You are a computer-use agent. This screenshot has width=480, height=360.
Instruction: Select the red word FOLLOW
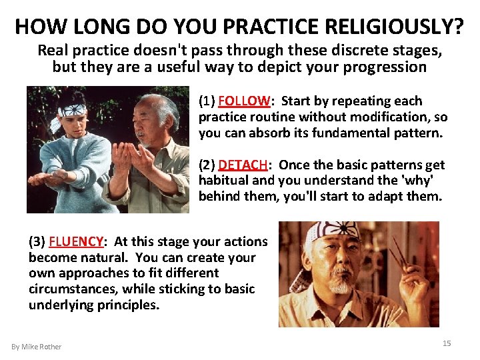point(244,101)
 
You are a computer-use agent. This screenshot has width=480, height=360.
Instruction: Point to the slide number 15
point(447,343)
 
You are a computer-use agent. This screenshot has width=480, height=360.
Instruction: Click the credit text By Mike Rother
point(36,347)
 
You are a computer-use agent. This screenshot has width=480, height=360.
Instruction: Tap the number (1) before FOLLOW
point(207,101)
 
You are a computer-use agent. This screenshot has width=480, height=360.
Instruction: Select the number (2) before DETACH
point(207,165)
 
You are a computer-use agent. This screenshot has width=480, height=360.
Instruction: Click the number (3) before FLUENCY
point(37,242)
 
